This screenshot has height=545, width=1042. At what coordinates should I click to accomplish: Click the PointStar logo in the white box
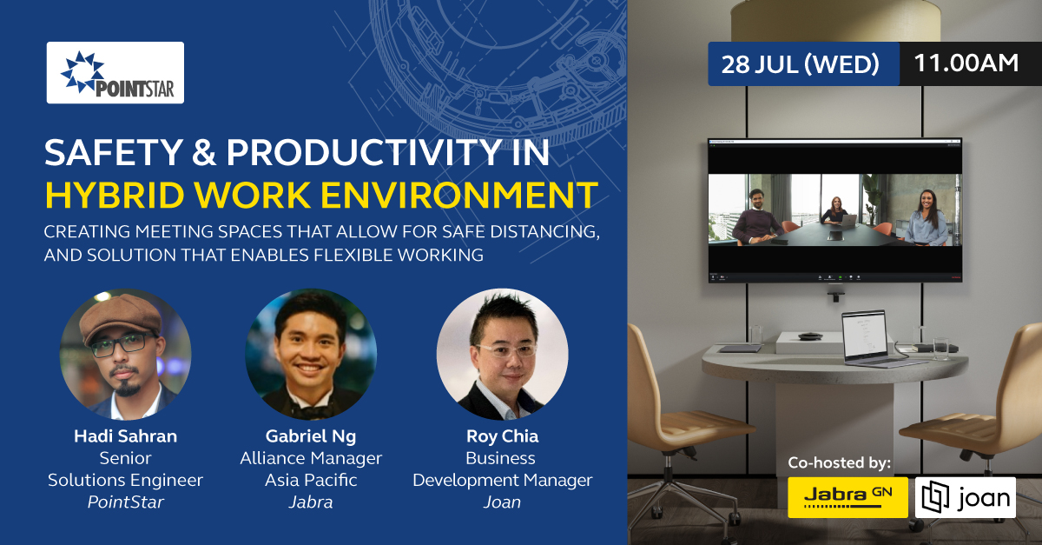[x=115, y=73]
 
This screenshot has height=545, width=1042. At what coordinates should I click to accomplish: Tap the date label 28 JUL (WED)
[x=800, y=63]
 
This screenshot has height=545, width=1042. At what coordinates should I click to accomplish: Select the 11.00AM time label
[x=966, y=63]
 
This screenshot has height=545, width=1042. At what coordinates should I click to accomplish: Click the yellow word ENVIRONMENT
[x=459, y=196]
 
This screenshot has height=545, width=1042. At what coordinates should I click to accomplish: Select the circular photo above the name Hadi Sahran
[x=126, y=354]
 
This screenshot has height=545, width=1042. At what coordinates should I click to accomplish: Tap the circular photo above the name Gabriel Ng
[x=311, y=354]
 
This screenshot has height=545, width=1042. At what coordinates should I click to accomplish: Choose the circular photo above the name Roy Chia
[x=503, y=354]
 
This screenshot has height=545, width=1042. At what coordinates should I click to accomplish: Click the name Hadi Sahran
[x=126, y=436]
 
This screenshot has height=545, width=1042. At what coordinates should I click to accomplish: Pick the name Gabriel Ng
[x=311, y=436]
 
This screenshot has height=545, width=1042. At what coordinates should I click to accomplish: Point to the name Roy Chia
[x=503, y=436]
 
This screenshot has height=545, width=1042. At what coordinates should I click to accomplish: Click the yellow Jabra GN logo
[x=847, y=497]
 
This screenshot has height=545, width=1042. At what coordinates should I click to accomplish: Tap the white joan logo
[x=966, y=497]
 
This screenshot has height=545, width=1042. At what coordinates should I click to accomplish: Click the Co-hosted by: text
[x=839, y=462]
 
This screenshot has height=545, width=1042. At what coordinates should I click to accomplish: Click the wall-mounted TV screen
[x=835, y=210]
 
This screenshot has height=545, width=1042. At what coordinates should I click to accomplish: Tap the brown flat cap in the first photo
[x=120, y=316]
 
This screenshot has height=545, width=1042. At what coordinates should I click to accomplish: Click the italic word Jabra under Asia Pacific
[x=311, y=502]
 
